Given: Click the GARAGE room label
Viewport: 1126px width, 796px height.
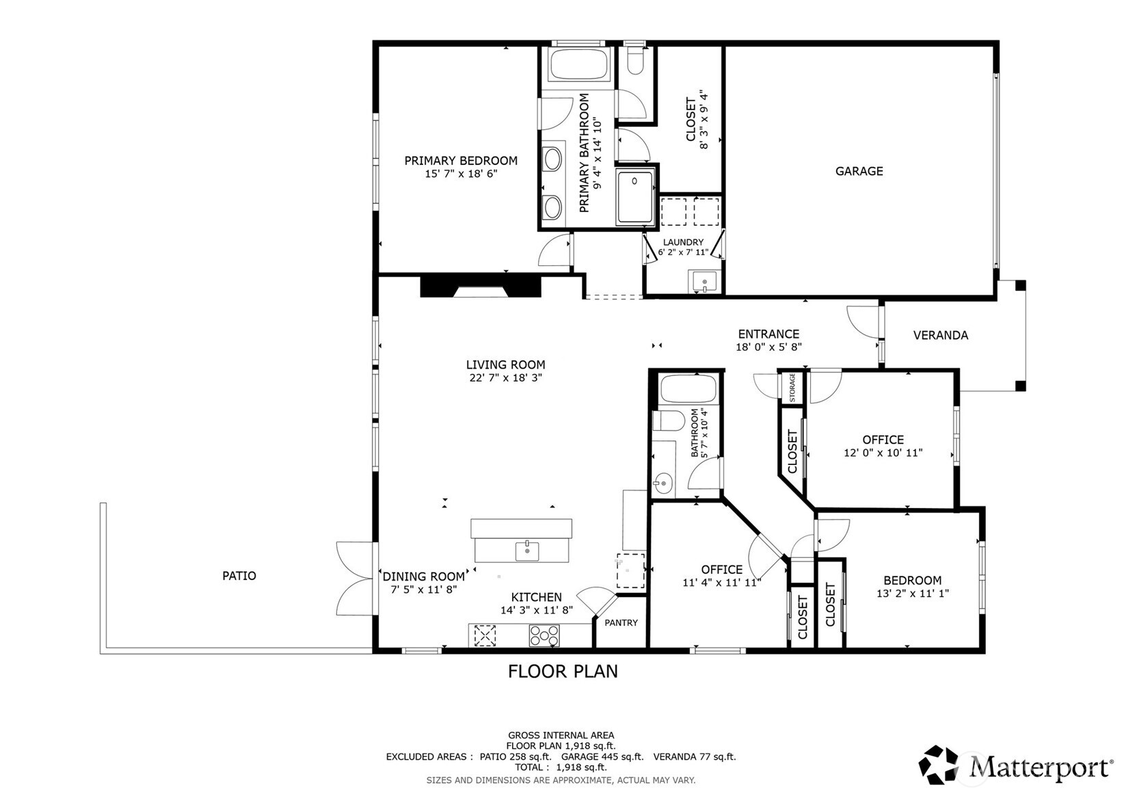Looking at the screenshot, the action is (x=859, y=172).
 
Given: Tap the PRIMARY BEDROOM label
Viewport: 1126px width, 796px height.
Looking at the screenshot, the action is (x=461, y=161).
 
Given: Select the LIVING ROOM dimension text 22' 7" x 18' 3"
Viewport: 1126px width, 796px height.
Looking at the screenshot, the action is (x=506, y=377).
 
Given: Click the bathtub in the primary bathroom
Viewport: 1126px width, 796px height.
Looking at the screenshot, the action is (x=578, y=64).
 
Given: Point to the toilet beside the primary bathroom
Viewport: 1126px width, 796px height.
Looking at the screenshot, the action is (x=635, y=60).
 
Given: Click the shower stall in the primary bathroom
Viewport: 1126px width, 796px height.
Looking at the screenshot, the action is (x=636, y=196).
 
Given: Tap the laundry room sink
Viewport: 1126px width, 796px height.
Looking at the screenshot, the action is (x=704, y=282).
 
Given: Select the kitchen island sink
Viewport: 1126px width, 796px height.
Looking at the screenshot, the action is (x=527, y=551).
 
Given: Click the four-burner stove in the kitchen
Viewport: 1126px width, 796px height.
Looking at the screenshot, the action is (x=544, y=635).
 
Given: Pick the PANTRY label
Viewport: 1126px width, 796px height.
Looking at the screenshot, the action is (x=621, y=622).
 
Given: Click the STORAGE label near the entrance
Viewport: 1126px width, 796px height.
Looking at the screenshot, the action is (x=792, y=388).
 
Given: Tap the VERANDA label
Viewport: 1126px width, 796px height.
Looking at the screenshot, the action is (x=941, y=335).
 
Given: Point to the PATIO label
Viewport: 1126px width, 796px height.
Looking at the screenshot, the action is (x=239, y=576).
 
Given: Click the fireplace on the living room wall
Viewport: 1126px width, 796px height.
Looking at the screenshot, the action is (x=481, y=286).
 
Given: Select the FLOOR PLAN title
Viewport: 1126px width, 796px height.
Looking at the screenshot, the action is (x=563, y=672).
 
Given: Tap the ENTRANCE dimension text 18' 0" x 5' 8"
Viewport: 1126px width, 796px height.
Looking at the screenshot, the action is (x=768, y=347).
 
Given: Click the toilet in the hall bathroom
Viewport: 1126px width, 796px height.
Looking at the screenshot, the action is (x=668, y=421).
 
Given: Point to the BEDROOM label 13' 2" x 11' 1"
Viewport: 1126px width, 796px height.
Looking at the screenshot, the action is (x=913, y=581).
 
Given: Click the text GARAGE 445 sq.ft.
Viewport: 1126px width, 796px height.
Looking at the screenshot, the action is (x=602, y=757).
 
